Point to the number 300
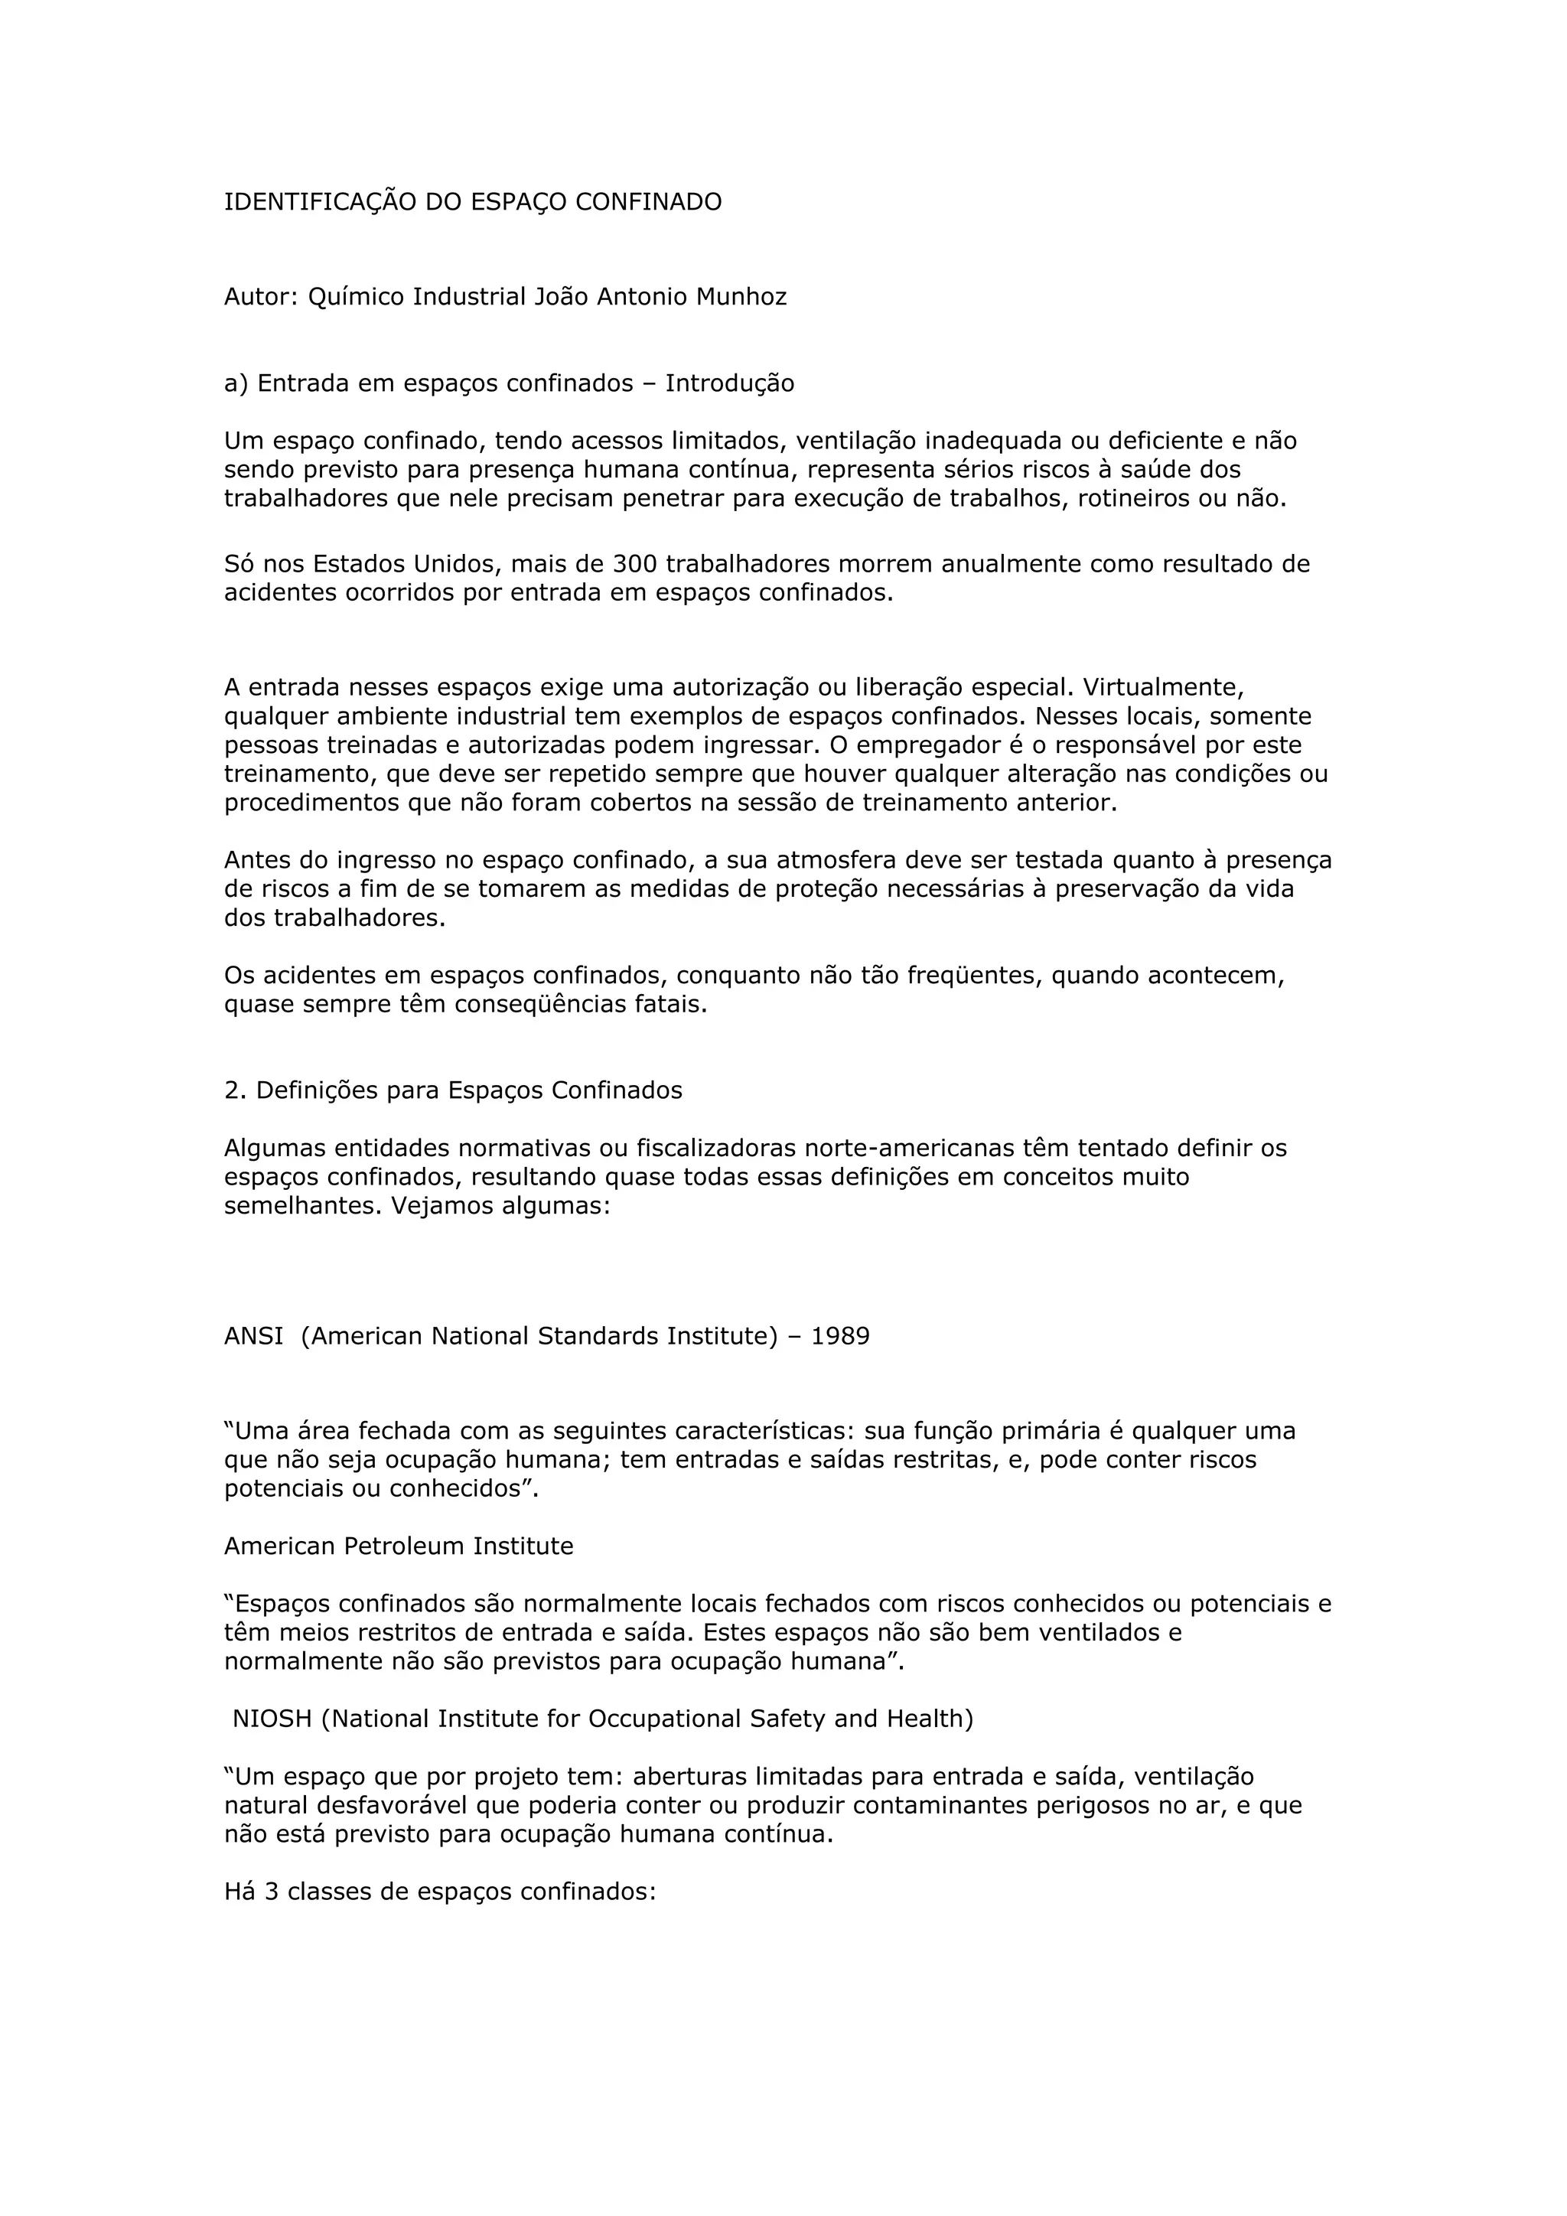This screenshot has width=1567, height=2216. click(x=635, y=564)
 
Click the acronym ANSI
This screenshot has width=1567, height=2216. click(x=254, y=1336)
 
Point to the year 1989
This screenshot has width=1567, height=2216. click(x=840, y=1336)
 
